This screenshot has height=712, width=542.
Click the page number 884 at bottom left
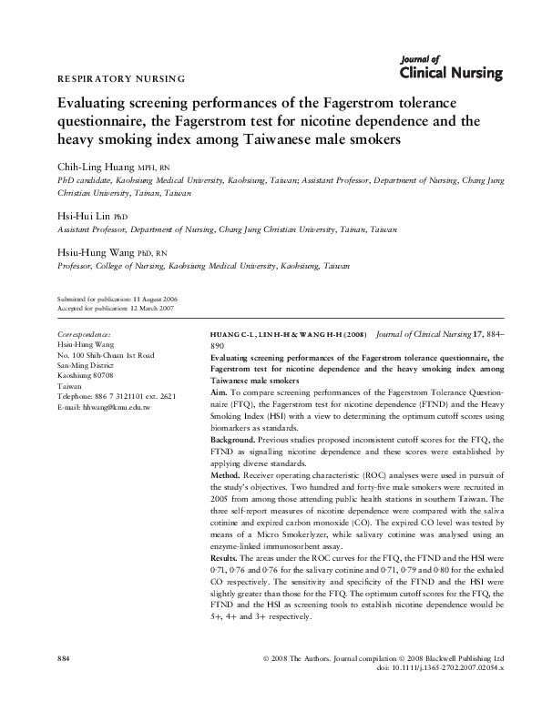64,682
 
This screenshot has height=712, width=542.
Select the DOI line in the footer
441,693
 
